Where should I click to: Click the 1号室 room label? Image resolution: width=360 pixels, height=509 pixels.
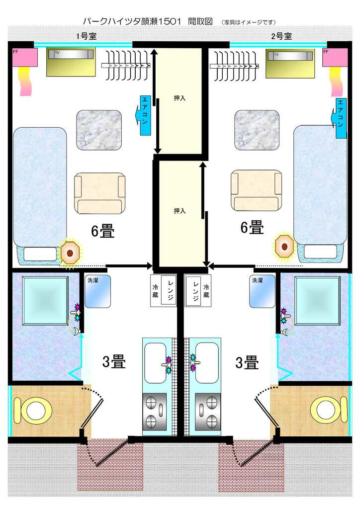(87, 36)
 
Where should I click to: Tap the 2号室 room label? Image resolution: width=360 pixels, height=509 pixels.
(281, 36)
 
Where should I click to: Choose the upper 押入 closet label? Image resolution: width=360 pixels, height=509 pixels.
(180, 98)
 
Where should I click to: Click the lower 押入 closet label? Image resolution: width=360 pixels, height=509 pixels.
(180, 211)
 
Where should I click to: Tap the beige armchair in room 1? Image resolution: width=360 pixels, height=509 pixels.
(99, 193)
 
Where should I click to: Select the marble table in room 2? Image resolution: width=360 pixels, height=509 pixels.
(257, 130)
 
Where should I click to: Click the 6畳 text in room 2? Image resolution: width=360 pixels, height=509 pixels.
(252, 228)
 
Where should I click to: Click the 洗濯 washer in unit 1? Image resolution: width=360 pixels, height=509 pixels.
(97, 291)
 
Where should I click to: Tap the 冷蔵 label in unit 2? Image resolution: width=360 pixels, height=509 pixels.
(206, 291)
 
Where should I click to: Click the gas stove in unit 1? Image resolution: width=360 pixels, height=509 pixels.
(155, 412)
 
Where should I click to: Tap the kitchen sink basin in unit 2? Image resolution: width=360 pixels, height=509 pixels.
(207, 362)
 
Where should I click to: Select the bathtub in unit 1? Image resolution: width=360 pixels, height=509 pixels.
(45, 301)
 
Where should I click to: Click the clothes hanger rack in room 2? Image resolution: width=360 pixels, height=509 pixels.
(234, 66)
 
